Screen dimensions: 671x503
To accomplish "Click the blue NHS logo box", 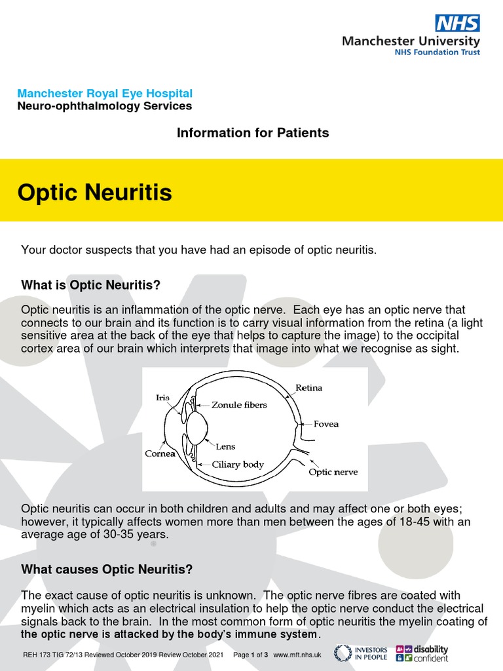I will pos(458,23).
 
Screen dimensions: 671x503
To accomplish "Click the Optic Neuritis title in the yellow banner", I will pos(94,193).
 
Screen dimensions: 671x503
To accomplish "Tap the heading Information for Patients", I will pos(253,133).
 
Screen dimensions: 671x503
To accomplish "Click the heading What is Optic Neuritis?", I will pos(90,284).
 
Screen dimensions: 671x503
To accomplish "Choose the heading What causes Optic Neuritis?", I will pos(107,569).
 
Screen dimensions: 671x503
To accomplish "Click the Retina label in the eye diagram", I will pos(308,388).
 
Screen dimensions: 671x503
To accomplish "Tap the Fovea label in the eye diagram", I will pos(326,424).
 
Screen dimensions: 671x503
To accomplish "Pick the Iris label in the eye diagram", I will pos(162,397).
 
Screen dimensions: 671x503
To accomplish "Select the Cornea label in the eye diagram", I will pos(160,453).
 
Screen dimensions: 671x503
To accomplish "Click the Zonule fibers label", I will pos(239,405).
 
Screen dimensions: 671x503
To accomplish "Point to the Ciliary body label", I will pos(238,465).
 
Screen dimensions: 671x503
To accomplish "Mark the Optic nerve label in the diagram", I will pos(333,472).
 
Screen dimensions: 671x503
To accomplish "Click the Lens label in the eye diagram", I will pos(226,447).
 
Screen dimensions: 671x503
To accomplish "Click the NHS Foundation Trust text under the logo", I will pos(437,52).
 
